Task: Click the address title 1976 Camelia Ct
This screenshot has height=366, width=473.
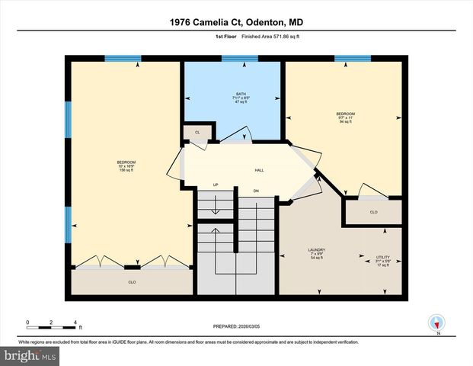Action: (236, 23)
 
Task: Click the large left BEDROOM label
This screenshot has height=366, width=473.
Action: (126, 165)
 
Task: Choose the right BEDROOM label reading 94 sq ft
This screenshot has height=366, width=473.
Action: (346, 117)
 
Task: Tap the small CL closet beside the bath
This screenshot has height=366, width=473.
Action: (197, 133)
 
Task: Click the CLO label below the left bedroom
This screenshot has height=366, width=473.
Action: (132, 282)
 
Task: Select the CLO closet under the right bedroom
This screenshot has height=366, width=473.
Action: (373, 212)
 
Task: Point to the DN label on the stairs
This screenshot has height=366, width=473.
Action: (256, 191)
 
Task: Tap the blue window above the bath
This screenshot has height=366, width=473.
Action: (240, 59)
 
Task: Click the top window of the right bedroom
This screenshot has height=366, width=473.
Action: (353, 59)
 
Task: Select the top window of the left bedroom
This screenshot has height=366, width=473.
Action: (123, 59)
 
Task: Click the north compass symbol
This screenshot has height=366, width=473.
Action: (436, 323)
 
